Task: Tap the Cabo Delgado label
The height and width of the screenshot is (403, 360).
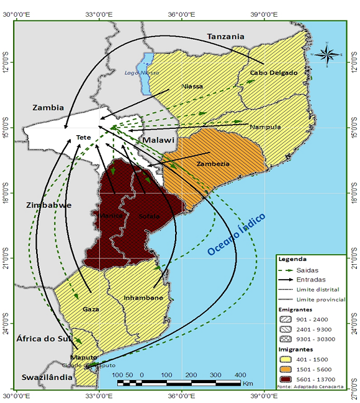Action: click(274, 73)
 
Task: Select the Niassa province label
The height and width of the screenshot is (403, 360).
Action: click(192, 86)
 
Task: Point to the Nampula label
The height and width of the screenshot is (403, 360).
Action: click(265, 127)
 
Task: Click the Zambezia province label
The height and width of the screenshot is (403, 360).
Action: click(212, 164)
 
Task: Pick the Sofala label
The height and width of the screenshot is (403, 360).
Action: click(148, 216)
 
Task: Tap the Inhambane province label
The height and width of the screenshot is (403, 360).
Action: click(143, 298)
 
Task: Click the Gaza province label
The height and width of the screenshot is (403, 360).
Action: click(91, 308)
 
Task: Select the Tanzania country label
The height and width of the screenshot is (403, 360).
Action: click(225, 37)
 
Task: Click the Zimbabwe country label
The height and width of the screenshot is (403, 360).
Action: click(49, 205)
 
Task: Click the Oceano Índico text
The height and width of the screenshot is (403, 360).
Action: click(236, 234)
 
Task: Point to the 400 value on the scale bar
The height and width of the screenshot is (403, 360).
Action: click(240, 375)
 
